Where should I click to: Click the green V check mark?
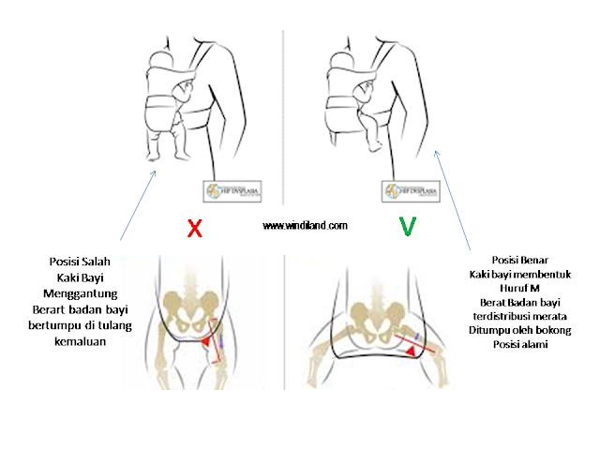point(406,226)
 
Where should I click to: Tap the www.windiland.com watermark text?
point(306,226)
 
